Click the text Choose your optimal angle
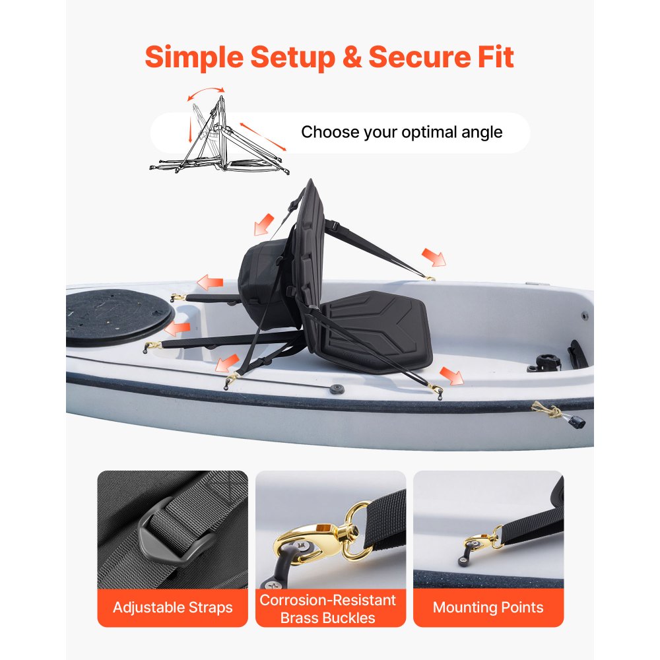tap(401, 132)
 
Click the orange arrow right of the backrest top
tap(434, 257)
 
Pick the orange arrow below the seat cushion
tap(451, 376)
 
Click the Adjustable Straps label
tap(172, 607)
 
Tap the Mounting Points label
tap(488, 607)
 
